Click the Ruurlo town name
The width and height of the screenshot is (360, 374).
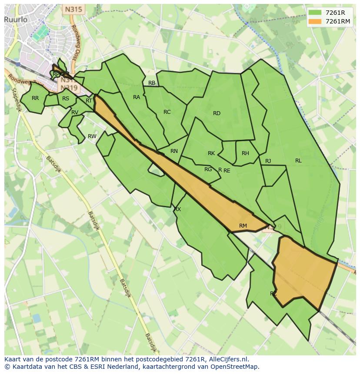pos(17,20)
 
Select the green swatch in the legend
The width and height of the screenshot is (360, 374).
pos(315,13)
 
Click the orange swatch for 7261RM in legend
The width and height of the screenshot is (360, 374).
pos(315,21)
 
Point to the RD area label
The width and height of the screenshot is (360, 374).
pos(217,113)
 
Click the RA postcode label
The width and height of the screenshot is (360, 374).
pos(137,97)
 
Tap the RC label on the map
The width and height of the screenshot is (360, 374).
pos(167,112)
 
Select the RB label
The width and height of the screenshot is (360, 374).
pos(152,83)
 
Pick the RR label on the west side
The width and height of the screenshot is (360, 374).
pos(35,98)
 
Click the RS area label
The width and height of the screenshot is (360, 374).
pos(66,99)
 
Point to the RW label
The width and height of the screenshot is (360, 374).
pos(92,136)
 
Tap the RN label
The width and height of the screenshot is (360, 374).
pos(174,151)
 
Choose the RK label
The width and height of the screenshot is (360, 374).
pos(211,153)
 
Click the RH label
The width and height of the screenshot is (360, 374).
pos(245,153)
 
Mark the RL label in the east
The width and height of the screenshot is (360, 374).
pos(298,161)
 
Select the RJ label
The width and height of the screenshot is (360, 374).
pos(268,161)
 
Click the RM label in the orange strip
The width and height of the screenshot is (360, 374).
pos(243,225)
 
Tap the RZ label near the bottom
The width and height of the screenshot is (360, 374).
pos(273,294)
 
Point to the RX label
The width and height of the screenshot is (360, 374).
pos(177,209)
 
